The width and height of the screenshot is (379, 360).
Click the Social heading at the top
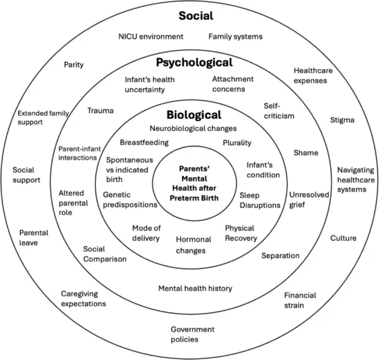point(196,15)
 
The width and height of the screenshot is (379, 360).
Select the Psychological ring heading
point(194,62)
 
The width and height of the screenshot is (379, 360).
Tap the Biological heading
point(194,115)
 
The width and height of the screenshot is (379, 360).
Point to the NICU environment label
point(150,36)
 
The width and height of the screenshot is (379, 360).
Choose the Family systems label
point(235,36)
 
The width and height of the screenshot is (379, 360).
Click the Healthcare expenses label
point(310,75)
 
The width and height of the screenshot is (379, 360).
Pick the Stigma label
point(342,119)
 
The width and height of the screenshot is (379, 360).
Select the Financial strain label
point(300,300)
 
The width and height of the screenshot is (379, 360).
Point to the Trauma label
point(100,111)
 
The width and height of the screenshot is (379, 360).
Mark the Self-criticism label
point(278,111)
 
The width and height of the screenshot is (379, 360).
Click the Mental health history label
point(195,288)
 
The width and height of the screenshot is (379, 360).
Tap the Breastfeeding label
point(144,142)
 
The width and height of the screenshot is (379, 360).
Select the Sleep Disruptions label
point(259,200)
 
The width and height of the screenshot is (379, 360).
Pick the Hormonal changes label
point(194,245)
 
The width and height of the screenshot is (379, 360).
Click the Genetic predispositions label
point(130,200)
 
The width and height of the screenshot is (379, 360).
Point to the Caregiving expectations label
point(84,299)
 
